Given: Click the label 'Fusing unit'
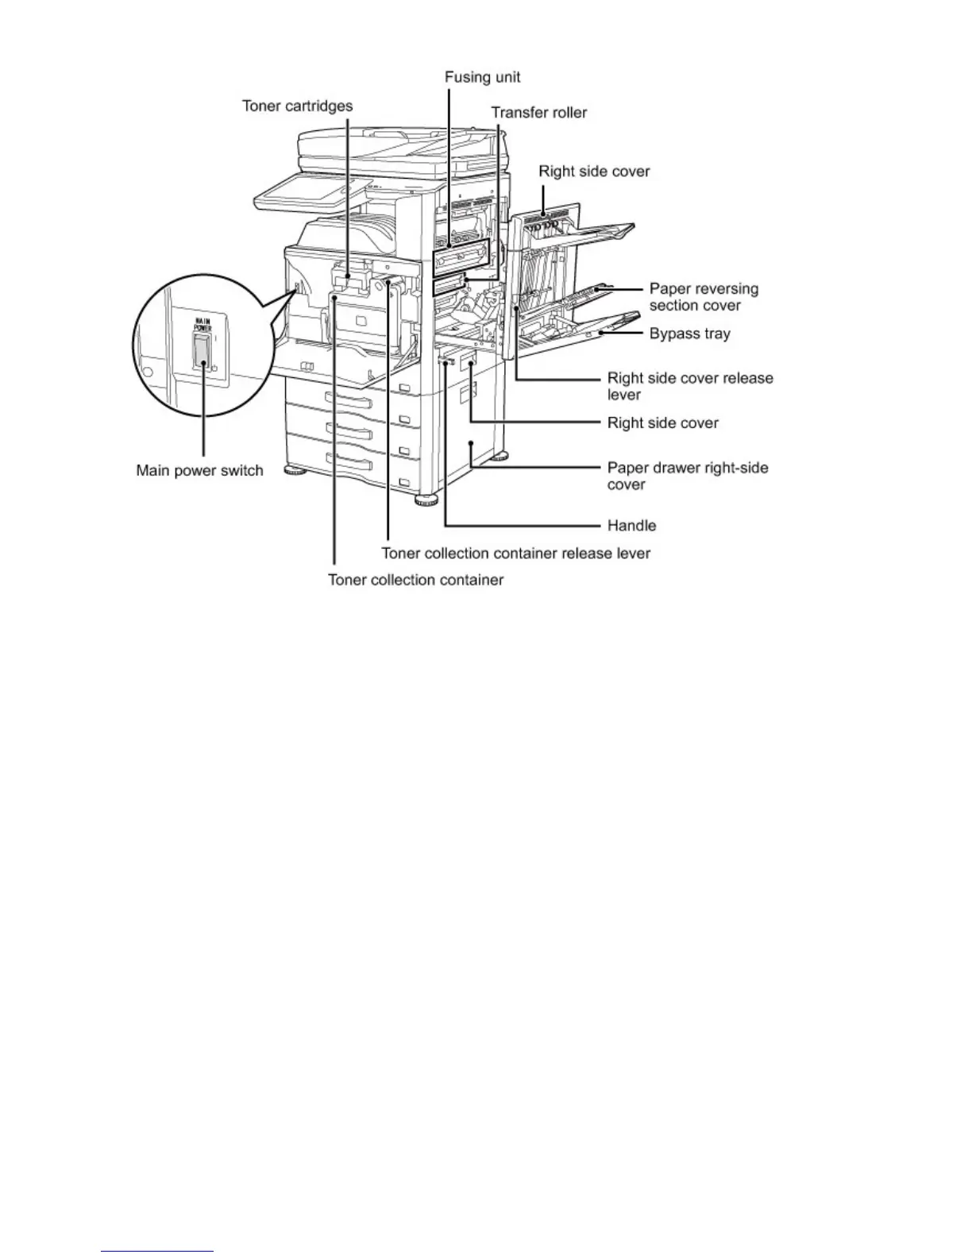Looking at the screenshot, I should (482, 77).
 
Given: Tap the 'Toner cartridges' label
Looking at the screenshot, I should (297, 106).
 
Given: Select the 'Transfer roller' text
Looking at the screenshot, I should (538, 113).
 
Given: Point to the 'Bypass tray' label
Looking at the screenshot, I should (689, 334).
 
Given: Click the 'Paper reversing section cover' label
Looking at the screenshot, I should (704, 297).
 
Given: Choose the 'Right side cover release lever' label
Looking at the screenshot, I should (689, 386).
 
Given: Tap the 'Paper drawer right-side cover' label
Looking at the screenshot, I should (687, 476).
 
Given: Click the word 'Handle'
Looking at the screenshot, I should (631, 525).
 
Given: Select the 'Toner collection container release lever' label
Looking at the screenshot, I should (515, 553).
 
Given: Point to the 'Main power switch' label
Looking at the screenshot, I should (199, 470).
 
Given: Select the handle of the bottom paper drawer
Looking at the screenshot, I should (349, 462).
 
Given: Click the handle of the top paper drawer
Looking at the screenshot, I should (349, 398).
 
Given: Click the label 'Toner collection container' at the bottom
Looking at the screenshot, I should (415, 580).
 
